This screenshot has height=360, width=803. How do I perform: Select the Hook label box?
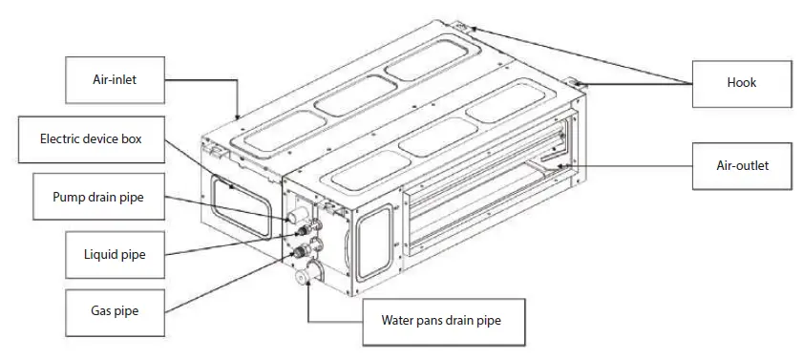pos(741,82)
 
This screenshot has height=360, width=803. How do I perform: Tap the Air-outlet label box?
pos(741,165)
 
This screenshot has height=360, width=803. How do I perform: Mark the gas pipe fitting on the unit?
pos(304,251)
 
